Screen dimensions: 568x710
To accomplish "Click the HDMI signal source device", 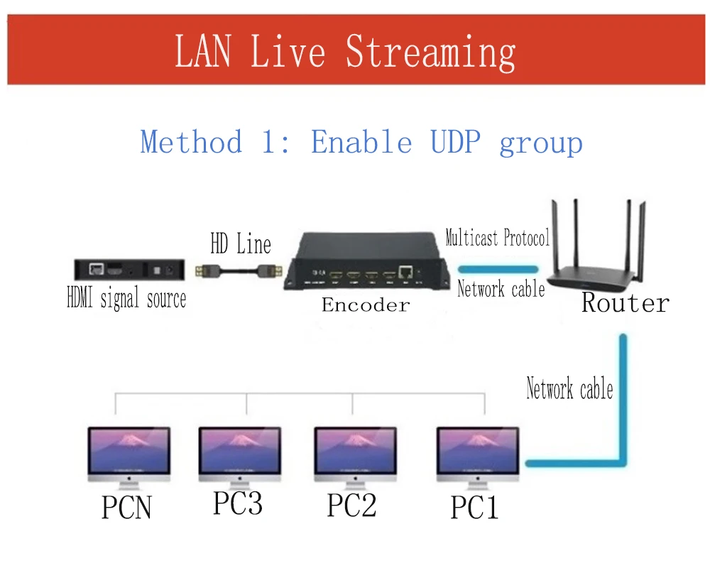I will (x=130, y=270).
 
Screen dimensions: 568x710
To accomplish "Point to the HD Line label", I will (x=240, y=244).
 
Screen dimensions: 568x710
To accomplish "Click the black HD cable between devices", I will (x=241, y=270).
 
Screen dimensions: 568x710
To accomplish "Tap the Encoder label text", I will (x=366, y=305).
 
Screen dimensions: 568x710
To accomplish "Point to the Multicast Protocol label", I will (x=497, y=238).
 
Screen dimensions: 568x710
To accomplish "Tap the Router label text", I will (x=625, y=303).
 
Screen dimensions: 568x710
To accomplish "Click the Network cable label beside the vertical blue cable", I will (x=569, y=389).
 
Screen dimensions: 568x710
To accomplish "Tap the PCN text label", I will (x=126, y=508).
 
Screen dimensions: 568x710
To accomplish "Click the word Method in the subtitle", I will (x=191, y=142).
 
